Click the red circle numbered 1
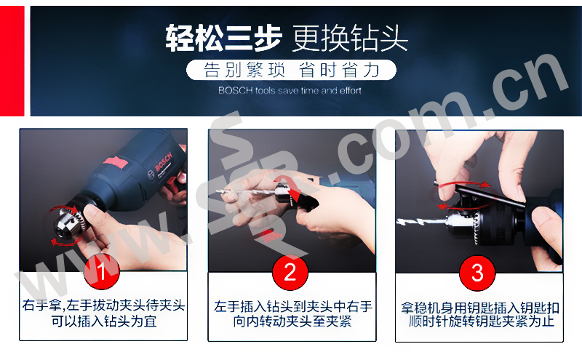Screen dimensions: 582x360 pos(101,271)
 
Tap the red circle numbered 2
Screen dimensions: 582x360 pos(290,272)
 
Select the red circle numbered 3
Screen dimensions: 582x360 pos(477,273)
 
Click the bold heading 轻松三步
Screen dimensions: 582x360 pos(223,38)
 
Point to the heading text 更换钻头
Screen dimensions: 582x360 pos(350,38)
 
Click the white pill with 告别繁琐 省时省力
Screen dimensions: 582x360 pos(292,70)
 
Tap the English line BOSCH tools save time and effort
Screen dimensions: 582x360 pos(290,91)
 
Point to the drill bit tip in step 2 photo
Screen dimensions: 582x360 pos(218,191)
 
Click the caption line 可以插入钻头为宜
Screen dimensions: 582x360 pos(104,321)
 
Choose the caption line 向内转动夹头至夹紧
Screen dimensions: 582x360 pos(292,321)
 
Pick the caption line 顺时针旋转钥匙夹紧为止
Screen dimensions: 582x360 pos(482,321)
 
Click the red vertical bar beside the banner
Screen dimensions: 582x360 pos(12,61)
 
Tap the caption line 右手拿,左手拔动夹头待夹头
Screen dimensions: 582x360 pos(103,305)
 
